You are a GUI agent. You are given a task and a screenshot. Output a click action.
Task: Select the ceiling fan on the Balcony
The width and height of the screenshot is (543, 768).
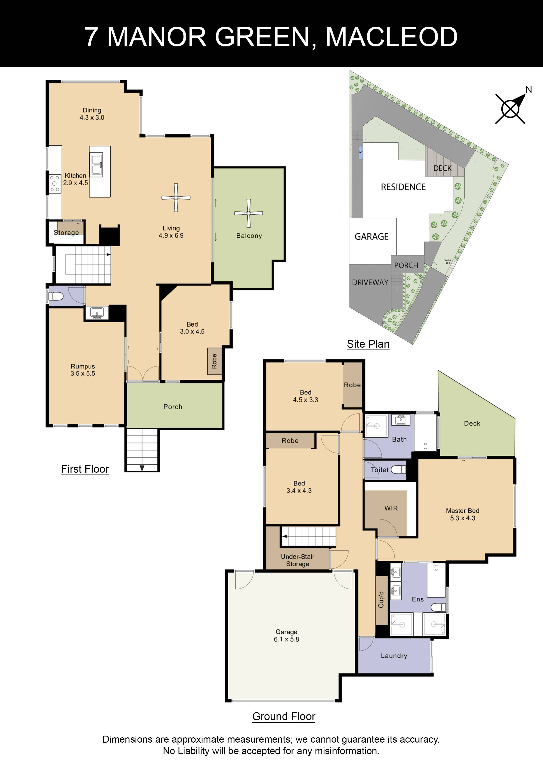point(248,213)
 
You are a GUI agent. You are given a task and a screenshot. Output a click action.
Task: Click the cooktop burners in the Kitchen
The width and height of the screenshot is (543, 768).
point(55,184)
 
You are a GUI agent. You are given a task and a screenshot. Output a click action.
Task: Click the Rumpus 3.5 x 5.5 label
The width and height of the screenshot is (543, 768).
point(83,370)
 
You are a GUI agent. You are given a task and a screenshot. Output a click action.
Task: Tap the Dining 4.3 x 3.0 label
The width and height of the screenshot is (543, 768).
point(92,114)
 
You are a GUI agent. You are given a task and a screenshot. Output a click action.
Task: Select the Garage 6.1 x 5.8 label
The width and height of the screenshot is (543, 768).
point(286,635)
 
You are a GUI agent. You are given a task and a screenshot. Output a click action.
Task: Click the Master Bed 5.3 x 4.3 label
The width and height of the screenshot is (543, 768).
point(462,514)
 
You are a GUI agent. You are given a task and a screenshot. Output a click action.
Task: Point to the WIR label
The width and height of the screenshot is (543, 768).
point(391,508)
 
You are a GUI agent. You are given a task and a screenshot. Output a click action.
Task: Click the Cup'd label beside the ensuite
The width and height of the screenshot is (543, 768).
point(381,599)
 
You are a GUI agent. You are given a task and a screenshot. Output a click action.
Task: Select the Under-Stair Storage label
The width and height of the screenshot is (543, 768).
point(297,560)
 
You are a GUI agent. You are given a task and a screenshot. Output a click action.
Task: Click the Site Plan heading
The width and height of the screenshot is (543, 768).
point(368,344)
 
